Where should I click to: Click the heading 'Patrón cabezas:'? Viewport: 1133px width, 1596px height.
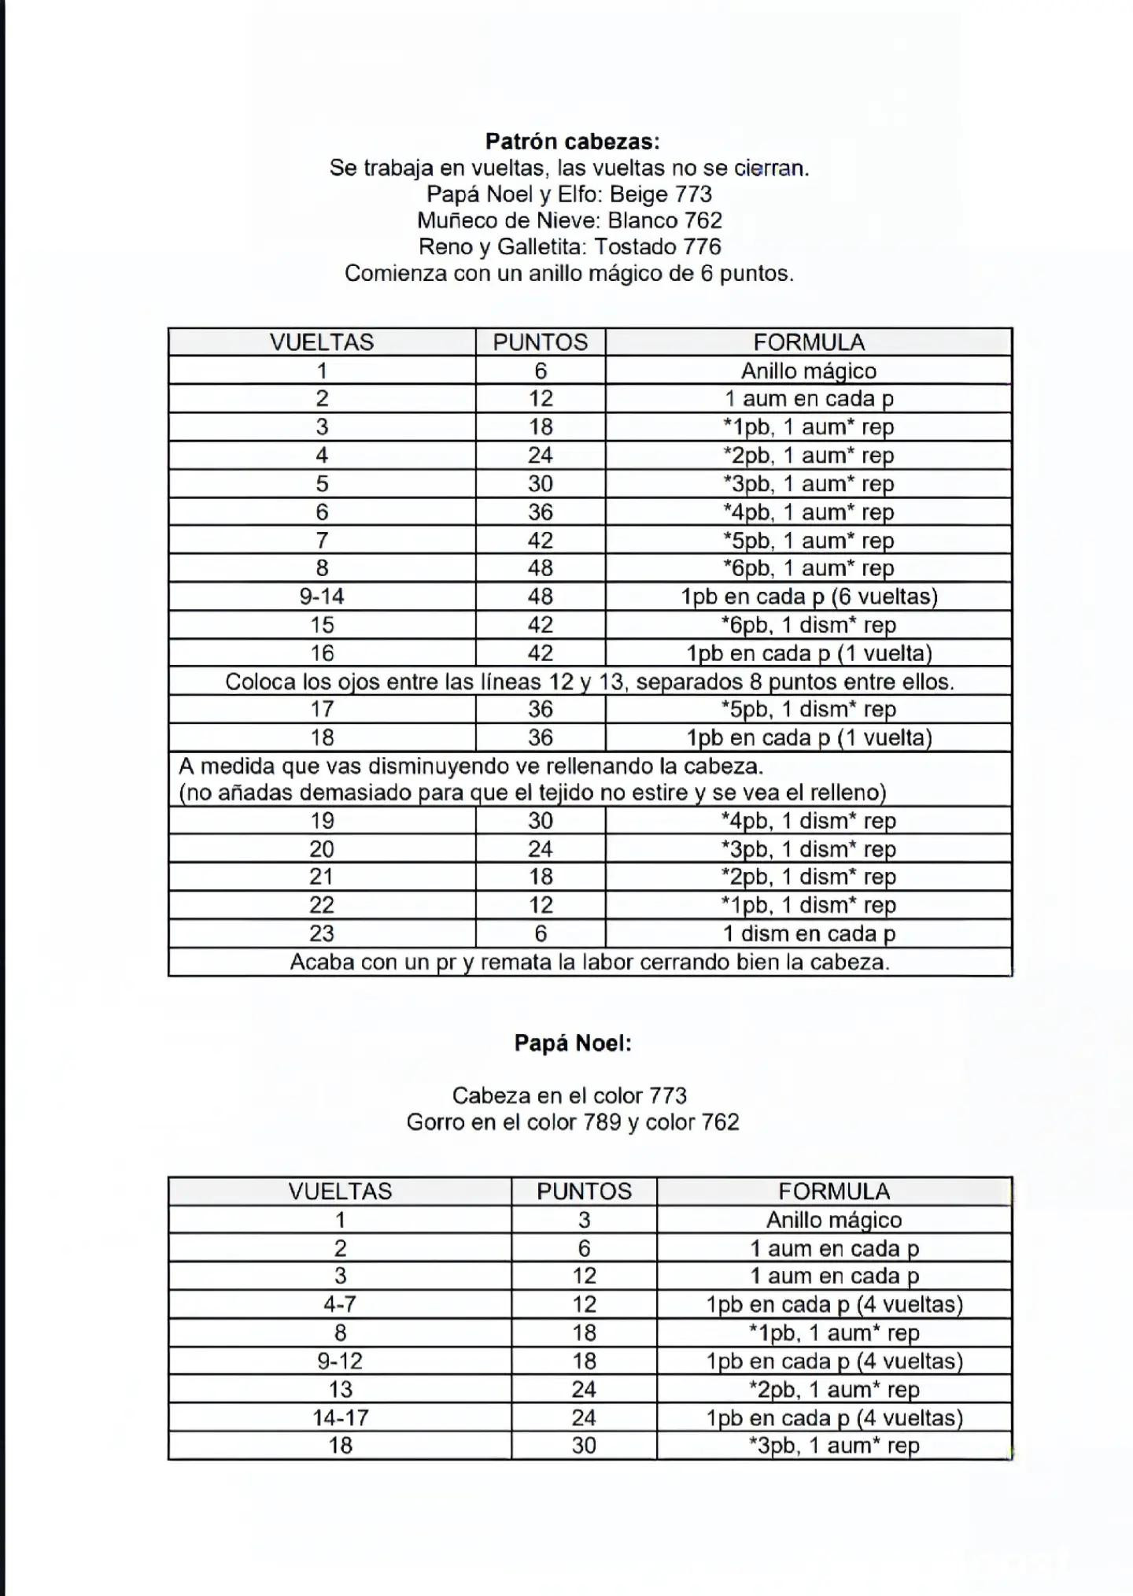572,142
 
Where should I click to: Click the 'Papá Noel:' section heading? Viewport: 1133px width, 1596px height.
572,1043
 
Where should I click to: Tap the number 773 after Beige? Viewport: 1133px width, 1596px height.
693,194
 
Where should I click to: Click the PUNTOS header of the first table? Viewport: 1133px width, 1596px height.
540,342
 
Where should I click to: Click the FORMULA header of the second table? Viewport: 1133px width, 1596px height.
834,1191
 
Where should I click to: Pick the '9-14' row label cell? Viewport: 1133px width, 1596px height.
322,597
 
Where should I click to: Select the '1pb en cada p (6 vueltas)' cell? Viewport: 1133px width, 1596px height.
809,597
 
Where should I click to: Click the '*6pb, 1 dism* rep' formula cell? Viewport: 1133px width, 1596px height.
809,625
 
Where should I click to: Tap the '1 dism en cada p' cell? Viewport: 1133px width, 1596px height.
809,933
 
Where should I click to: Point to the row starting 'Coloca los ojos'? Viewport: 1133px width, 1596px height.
589,682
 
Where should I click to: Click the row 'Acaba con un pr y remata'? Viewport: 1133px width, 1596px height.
589,962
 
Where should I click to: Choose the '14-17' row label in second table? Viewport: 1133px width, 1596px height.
340,1417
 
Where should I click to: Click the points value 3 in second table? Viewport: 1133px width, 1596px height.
584,1220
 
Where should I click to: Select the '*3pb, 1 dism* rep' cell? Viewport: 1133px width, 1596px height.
809,849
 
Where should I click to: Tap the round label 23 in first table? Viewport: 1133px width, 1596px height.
322,933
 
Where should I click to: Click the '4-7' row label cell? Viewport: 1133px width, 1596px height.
340,1304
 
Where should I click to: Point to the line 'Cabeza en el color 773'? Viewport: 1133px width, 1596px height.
569,1095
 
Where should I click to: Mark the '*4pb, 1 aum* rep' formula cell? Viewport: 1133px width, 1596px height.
809,512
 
